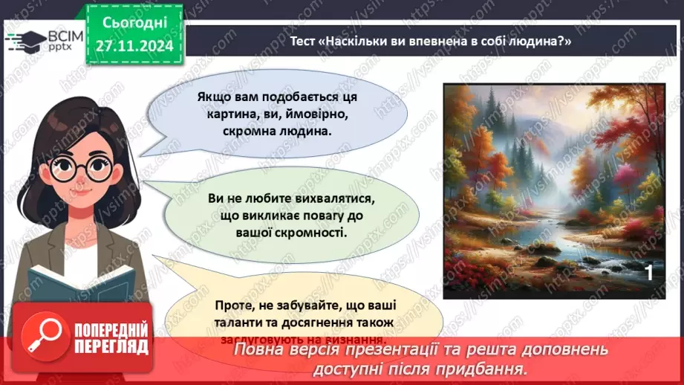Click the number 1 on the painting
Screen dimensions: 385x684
point(648,274)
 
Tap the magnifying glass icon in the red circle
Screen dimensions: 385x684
point(41,336)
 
